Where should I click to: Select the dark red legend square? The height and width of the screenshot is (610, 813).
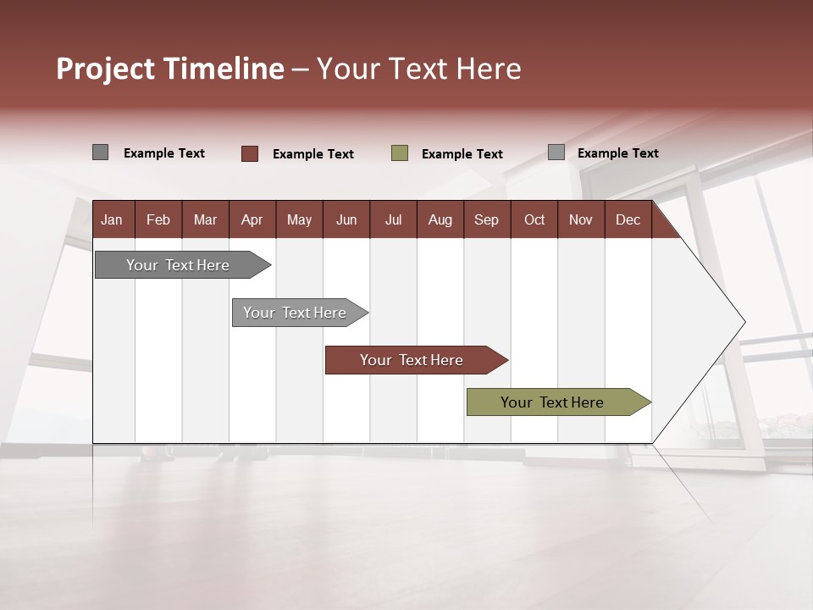coord(250,153)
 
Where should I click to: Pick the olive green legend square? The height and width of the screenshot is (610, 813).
coord(400,153)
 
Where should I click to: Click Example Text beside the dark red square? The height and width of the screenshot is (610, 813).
coord(312,154)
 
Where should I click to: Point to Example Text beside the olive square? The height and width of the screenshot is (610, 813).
coord(462,154)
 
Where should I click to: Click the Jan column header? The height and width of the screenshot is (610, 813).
coord(112,219)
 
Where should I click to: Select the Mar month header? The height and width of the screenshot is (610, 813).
coord(205,219)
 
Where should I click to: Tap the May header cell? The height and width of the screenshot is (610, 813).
coord(299,219)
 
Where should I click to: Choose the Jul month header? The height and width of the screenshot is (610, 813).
coord(393,219)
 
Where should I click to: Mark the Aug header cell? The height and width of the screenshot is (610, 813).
coord(440,219)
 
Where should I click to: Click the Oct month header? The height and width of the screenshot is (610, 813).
coord(534,219)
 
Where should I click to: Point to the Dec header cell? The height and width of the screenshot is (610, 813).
coord(628,219)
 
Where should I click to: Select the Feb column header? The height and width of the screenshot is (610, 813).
coord(158,219)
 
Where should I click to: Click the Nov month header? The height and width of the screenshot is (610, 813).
coord(581,219)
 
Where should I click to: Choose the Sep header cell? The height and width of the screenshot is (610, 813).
coord(486,219)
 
